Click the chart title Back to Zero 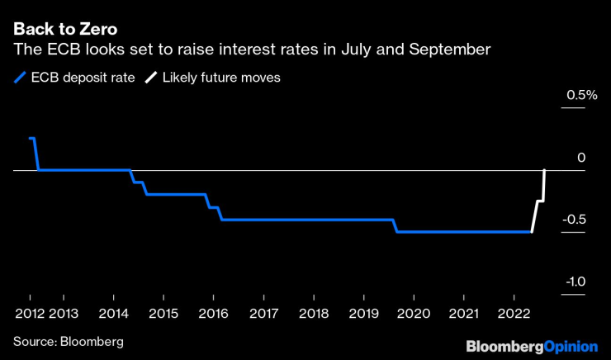coord(65,30)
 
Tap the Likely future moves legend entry coord(211,78)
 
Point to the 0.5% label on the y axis coord(580,96)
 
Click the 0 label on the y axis coord(581,158)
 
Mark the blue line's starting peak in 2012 coord(31,139)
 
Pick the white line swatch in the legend coord(150,78)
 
